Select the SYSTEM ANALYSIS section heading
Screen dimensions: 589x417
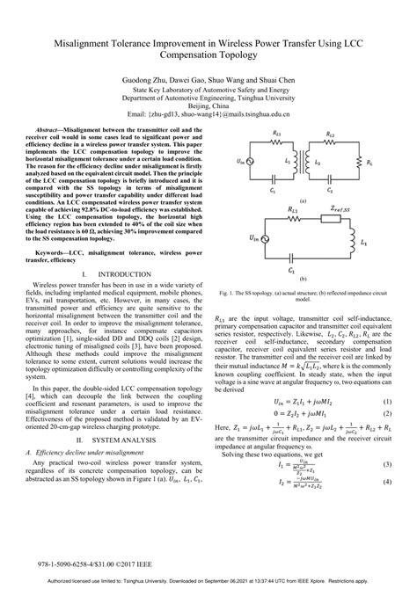coord(119,438)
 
